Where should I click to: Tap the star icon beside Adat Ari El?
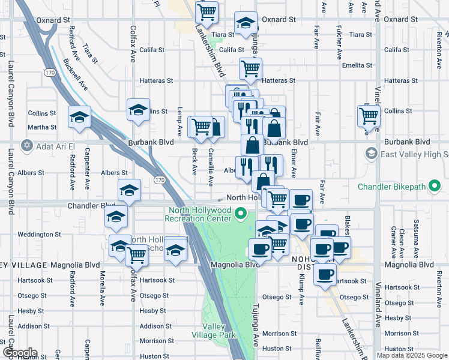(x=26, y=145)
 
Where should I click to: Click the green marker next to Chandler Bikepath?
(x=435, y=187)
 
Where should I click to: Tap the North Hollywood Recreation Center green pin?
(x=241, y=212)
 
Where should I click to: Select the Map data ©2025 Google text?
(x=412, y=355)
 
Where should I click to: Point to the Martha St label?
(x=42, y=127)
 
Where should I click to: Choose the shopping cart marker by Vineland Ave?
(x=368, y=115)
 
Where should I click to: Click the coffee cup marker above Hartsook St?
(x=325, y=275)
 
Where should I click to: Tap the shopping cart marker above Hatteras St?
(x=250, y=68)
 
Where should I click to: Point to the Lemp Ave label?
(x=179, y=121)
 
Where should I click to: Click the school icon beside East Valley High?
(x=371, y=154)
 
